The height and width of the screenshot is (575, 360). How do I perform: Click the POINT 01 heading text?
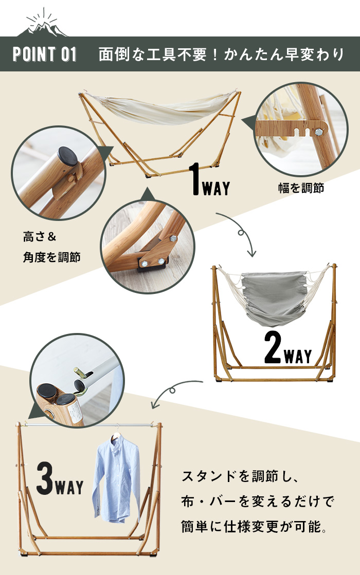click(45, 54)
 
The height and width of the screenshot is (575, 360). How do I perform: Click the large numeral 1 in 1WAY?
click(195, 179)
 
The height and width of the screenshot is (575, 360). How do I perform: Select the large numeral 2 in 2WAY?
click(273, 348)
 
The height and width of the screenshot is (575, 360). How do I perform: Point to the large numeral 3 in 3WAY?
click(45, 478)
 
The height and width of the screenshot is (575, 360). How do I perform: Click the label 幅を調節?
click(301, 188)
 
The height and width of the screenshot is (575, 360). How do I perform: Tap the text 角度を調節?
click(52, 257)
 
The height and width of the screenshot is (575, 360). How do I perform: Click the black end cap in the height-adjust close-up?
click(68, 156)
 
